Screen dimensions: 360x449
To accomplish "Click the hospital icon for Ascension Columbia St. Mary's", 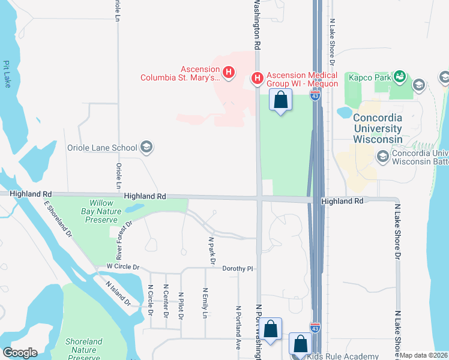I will pos(228,73).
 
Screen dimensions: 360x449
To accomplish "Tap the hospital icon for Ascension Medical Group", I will pos(257,78).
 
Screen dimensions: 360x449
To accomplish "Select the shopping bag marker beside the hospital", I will pos(280,100).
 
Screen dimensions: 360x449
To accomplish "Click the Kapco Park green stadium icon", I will pos(399,76).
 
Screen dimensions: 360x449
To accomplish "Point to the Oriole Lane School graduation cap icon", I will pos(146,147).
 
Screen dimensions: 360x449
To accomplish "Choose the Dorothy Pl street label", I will pos(239,269).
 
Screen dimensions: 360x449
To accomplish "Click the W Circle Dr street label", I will pos(122,267).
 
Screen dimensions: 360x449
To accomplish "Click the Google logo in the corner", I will pos(20,353).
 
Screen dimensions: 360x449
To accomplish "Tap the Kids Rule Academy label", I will pos(344,356).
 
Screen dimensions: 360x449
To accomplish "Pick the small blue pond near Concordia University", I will pos(345,112).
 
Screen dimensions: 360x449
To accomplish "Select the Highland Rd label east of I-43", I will pos(342,202).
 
